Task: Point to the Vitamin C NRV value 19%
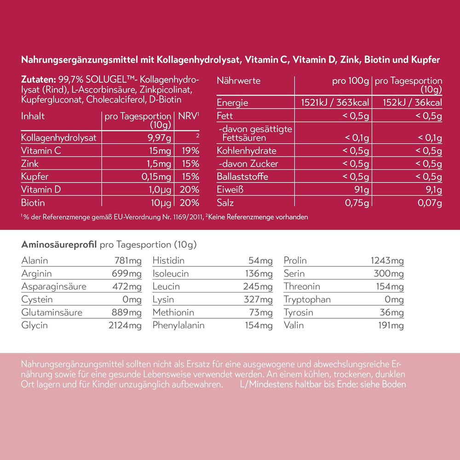[x=190, y=150]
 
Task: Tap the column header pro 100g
[x=351, y=81]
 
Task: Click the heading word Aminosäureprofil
[x=59, y=244]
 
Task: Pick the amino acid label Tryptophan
[x=307, y=299]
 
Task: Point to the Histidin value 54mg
[x=260, y=261]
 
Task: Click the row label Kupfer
[x=34, y=177]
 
